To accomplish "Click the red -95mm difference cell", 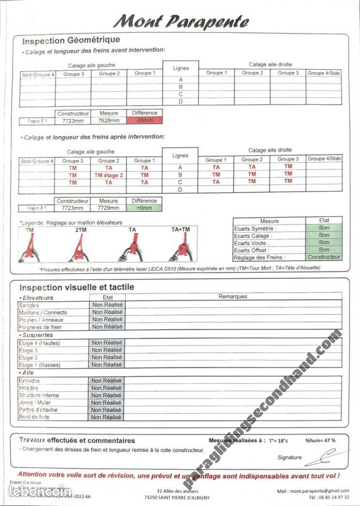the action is (x=144, y=120).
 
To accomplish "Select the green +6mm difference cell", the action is (x=144, y=207).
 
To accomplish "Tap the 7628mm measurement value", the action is (x=109, y=120).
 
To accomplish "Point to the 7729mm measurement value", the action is (x=109, y=207).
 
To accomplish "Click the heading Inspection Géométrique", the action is (x=71, y=40).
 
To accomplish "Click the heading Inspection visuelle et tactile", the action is (x=77, y=287).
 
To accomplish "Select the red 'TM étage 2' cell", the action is (x=109, y=175).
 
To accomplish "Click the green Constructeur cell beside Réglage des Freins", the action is (x=324, y=257).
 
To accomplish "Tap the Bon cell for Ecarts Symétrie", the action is (x=324, y=228).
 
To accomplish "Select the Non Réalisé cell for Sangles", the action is (x=107, y=305).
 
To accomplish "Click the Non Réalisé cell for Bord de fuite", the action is (x=107, y=417).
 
